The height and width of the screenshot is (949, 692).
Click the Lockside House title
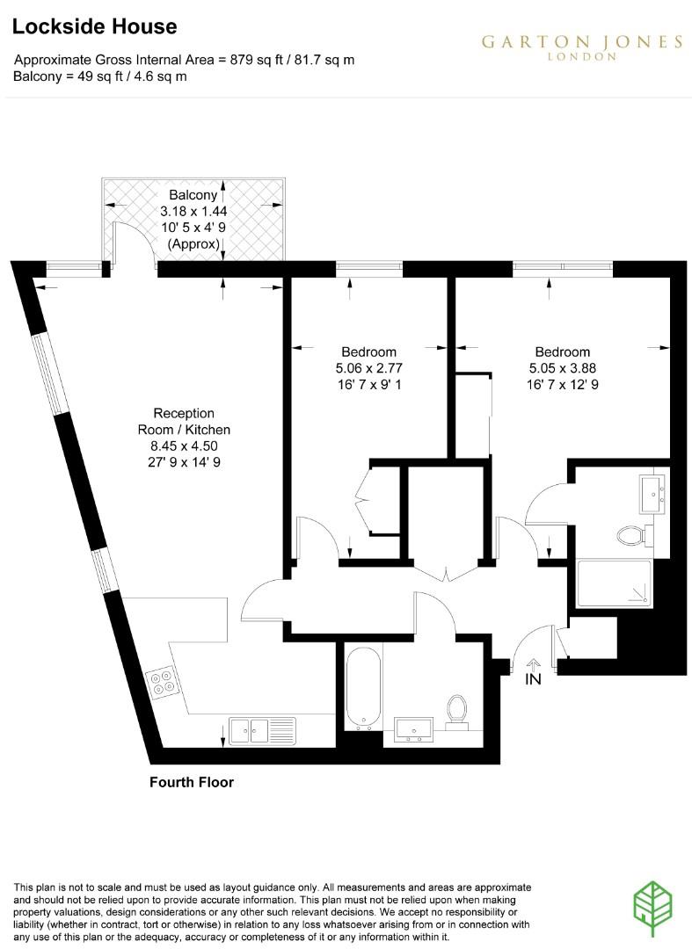(95, 27)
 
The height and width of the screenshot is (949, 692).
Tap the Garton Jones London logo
(581, 47)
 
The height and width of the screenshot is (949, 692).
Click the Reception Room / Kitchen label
(184, 422)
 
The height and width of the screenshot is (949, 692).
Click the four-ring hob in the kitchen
(163, 682)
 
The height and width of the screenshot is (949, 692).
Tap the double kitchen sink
(262, 729)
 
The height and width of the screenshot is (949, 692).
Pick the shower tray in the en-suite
(615, 583)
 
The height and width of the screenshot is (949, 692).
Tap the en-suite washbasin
(653, 495)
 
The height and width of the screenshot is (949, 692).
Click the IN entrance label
(534, 679)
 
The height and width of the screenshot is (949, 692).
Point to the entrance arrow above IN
(534, 664)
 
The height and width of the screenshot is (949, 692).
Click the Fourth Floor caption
(192, 782)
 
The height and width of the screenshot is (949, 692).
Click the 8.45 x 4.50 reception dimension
(184, 446)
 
